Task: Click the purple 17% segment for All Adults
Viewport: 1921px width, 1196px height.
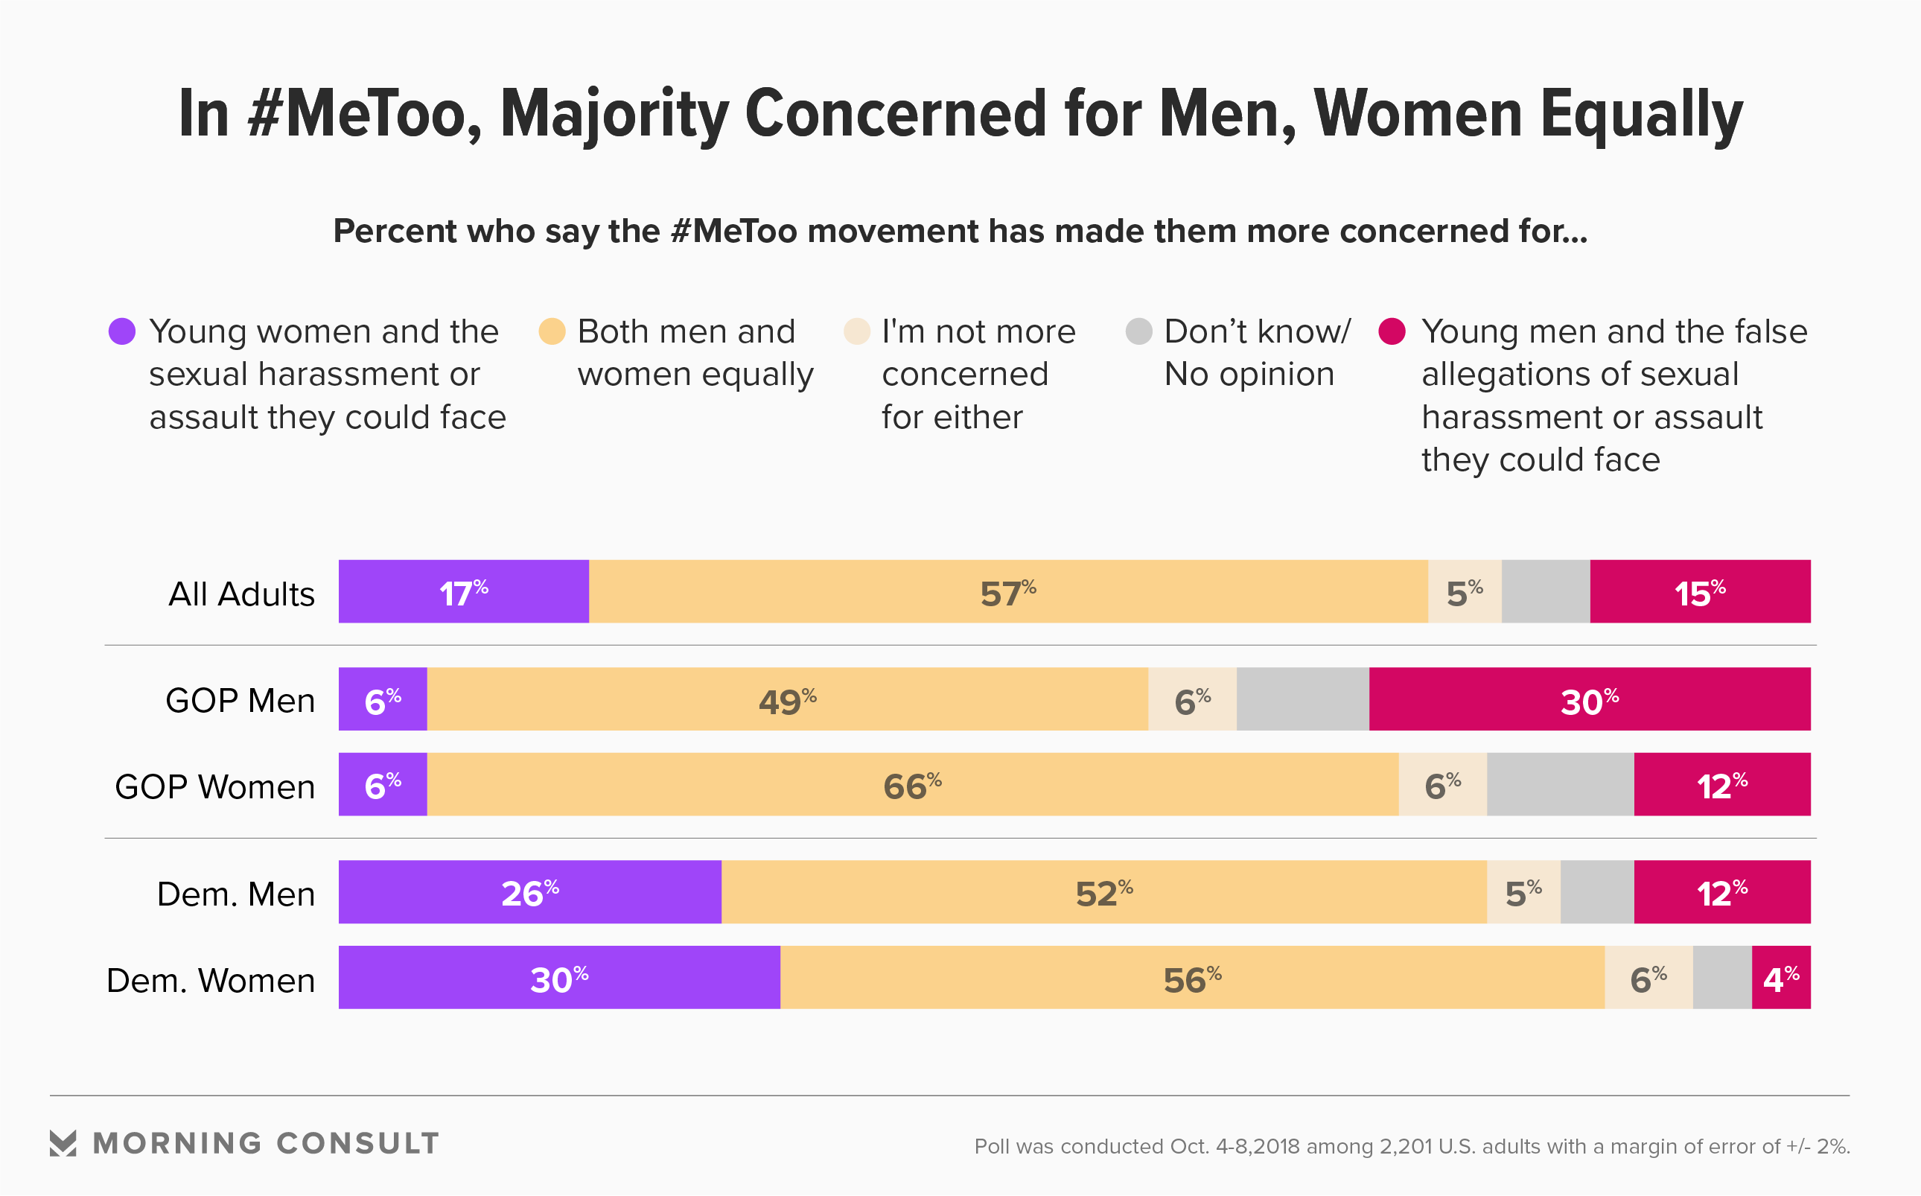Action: click(x=463, y=592)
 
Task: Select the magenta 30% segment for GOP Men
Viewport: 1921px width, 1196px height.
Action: click(x=1590, y=699)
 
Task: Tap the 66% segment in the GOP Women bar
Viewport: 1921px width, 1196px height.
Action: click(x=913, y=785)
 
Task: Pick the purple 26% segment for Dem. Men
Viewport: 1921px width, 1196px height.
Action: click(x=530, y=892)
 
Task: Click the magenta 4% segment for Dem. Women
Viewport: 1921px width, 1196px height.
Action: click(x=1781, y=978)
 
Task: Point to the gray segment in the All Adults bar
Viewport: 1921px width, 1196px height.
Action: click(x=1545, y=592)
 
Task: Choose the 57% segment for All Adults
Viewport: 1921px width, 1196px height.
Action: click(x=1008, y=592)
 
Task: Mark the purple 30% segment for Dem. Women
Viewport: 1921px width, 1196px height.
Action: click(x=559, y=978)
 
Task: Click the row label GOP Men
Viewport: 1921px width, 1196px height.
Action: click(x=240, y=701)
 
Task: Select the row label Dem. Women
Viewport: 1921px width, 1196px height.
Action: click(x=211, y=981)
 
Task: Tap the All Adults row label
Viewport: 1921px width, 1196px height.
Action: click(x=241, y=594)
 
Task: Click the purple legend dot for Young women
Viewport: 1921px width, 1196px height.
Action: click(x=122, y=331)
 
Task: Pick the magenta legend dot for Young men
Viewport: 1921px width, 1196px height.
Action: click(x=1392, y=331)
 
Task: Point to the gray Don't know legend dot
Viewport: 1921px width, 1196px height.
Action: click(x=1139, y=331)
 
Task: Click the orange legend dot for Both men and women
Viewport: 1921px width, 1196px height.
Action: click(x=552, y=331)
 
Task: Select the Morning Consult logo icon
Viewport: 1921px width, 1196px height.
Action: click(x=63, y=1143)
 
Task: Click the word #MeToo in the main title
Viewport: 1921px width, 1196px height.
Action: click(x=364, y=115)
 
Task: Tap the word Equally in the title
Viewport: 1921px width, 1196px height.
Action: click(x=1641, y=115)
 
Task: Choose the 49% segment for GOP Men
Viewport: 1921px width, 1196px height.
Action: click(x=787, y=699)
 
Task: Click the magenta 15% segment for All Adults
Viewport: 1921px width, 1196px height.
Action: click(x=1701, y=592)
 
